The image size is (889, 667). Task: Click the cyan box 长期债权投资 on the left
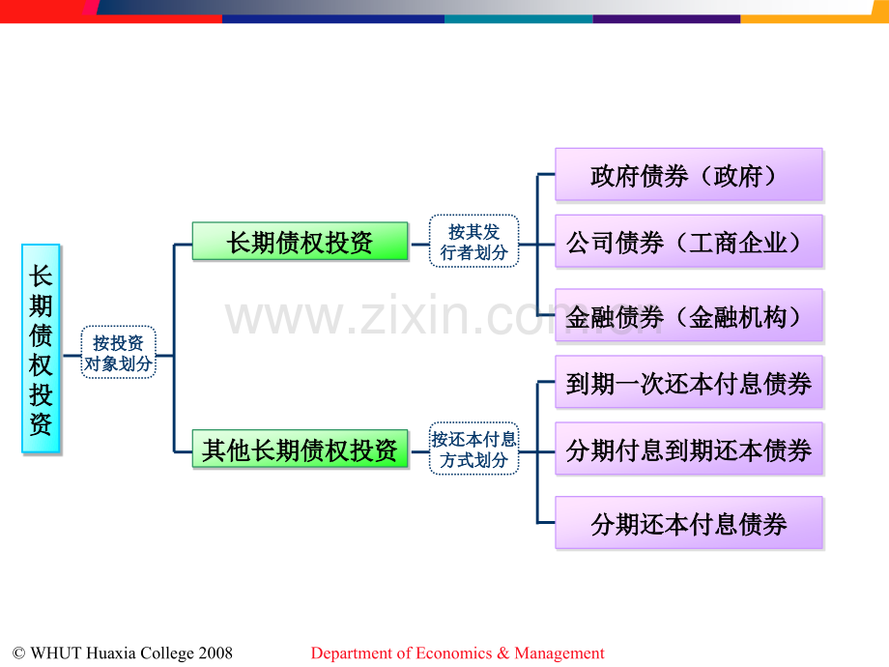point(41,349)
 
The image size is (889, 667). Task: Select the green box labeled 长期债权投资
point(300,241)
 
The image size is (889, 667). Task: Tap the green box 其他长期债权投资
point(300,449)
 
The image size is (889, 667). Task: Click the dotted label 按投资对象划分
point(118,352)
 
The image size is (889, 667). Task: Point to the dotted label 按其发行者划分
point(474,241)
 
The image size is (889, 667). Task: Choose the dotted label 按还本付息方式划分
point(474,449)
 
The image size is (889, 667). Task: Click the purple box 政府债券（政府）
point(689,175)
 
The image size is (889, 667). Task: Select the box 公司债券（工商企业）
point(689,241)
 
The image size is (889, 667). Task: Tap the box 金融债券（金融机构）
point(689,315)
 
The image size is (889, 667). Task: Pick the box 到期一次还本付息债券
point(689,382)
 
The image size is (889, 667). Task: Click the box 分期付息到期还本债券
point(689,449)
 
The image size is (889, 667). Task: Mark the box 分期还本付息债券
point(689,523)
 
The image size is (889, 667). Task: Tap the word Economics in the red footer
point(454,653)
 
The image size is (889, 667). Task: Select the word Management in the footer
point(559,653)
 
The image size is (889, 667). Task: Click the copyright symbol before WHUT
point(18,653)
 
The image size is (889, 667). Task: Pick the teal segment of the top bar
point(519,19)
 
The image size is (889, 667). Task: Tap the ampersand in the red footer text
point(503,653)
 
